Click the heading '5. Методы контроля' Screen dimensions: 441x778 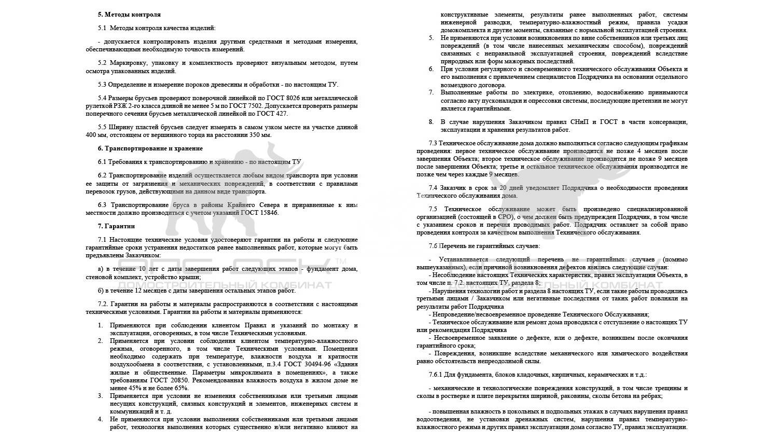pyautogui.click(x=129, y=15)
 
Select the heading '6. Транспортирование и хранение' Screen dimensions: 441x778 pyautogui.click(x=150, y=148)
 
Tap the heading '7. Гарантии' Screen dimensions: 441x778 pyautogui.click(x=116, y=226)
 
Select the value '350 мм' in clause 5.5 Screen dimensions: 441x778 pyautogui.click(x=259, y=135)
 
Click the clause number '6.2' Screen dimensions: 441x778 pyautogui.click(x=102, y=175)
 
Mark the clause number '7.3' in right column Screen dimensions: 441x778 pyautogui.click(x=433, y=143)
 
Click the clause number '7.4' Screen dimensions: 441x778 pyautogui.click(x=433, y=187)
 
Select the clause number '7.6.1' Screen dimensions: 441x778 pyautogui.click(x=436, y=374)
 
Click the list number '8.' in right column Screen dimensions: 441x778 pyautogui.click(x=431, y=122)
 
